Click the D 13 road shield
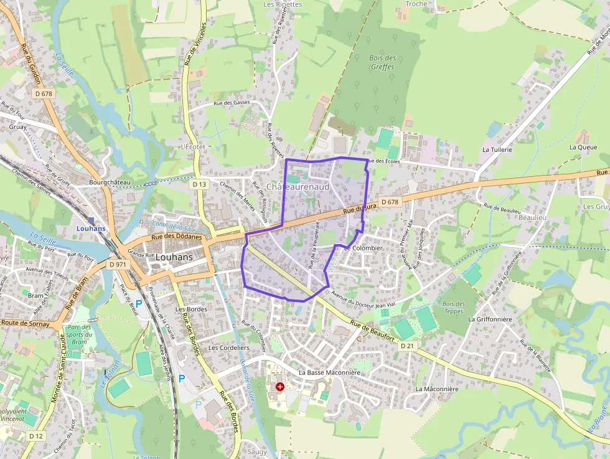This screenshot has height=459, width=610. pos(199,184)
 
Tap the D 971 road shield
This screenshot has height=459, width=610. pos(118,264)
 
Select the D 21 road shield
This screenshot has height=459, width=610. pos(407,346)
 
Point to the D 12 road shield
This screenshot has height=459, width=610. pos(35,436)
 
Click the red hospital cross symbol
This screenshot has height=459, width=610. pos(279,387)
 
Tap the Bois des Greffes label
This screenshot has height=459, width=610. pos(382,62)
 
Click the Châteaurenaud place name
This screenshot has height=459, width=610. pos(298,187)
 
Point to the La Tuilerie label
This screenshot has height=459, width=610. pos(497,150)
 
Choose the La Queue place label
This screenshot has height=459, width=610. pos(583,148)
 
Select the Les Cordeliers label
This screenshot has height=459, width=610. pos(229,348)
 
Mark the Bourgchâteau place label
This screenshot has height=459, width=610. pos(110,182)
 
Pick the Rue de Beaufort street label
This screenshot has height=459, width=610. pos(373,329)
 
